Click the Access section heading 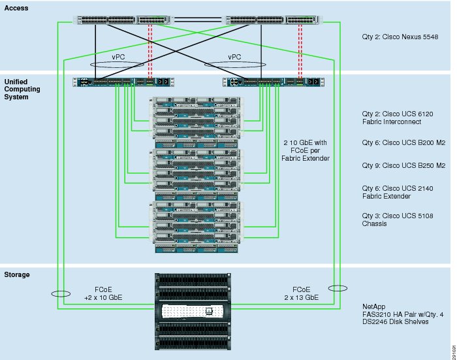[16, 8]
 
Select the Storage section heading [17, 274]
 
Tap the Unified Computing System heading [22, 90]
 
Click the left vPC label [118, 57]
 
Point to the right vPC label [234, 57]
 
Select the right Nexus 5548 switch [272, 20]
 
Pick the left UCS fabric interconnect [123, 82]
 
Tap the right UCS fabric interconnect [274, 82]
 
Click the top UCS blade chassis [197, 123]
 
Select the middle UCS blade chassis [197, 174]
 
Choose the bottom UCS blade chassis [197, 227]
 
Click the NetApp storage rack [193, 312]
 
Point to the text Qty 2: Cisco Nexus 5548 [400, 37]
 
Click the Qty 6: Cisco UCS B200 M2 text [403, 142]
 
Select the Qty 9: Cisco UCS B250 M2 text [403, 165]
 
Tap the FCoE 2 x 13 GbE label [302, 293]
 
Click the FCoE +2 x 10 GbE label [103, 293]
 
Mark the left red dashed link [150, 51]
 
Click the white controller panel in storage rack [192, 311]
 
